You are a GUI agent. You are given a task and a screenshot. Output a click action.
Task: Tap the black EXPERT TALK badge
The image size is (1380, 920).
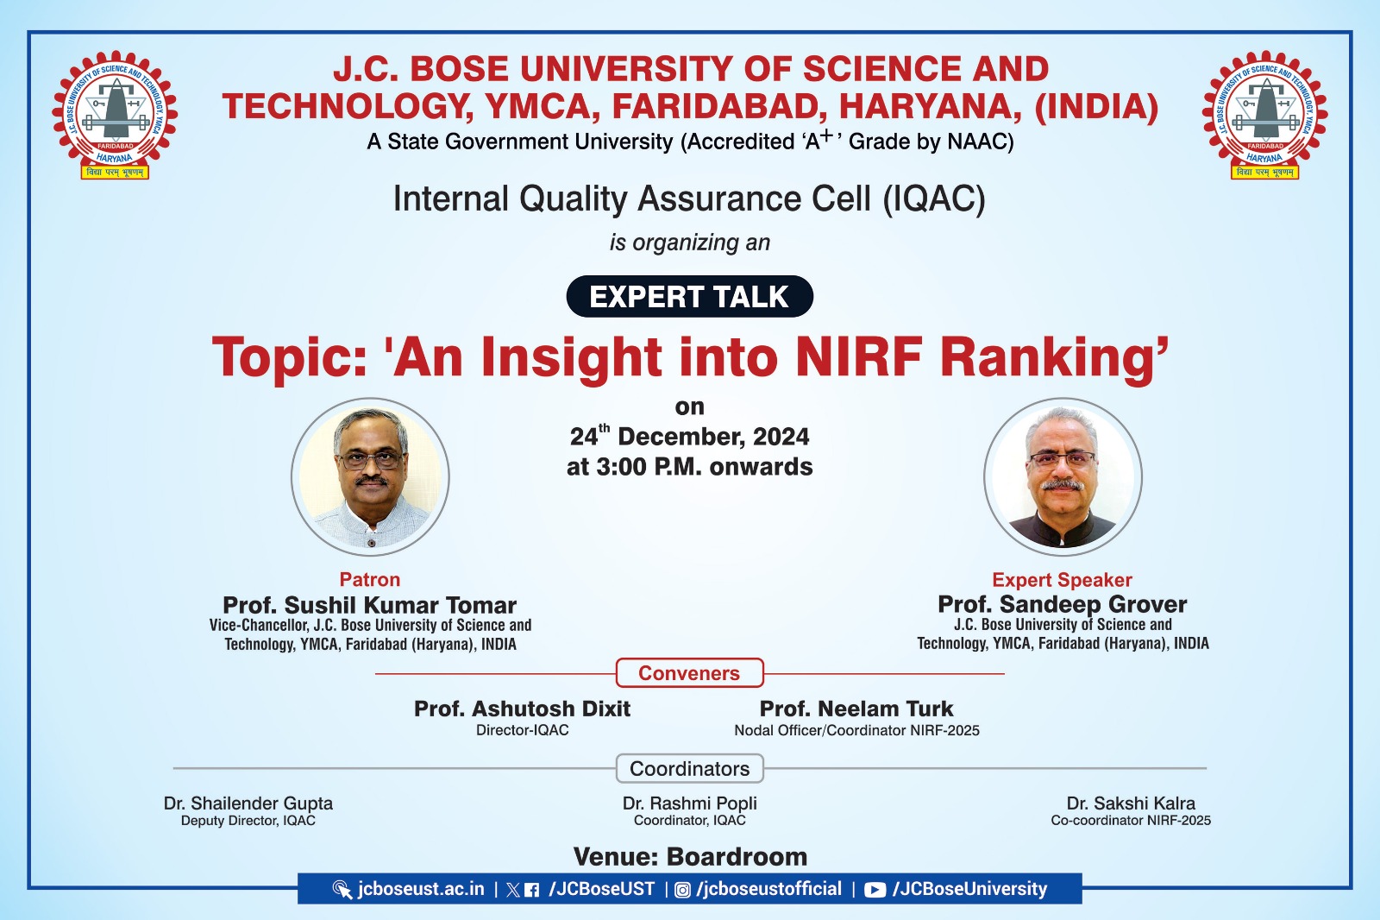tap(689, 297)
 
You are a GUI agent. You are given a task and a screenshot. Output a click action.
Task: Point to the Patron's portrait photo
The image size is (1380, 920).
tap(370, 476)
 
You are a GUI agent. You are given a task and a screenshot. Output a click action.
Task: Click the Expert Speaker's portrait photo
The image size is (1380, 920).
tap(1063, 476)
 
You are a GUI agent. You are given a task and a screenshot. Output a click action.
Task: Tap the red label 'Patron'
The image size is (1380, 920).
tap(370, 579)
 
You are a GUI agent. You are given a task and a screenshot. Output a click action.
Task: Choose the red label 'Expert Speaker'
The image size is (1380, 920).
tap(1062, 580)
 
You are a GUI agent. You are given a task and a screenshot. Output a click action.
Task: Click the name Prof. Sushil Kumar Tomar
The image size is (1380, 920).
tap(370, 604)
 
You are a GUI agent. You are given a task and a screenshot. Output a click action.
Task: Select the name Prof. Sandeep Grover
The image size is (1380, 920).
tap(1062, 603)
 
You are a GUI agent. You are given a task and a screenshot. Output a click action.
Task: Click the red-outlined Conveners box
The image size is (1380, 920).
tap(689, 672)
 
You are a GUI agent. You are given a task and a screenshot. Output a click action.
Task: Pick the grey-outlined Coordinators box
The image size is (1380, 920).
tap(689, 768)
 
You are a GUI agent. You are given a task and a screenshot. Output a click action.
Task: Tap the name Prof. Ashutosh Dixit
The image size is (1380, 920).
tap(522, 709)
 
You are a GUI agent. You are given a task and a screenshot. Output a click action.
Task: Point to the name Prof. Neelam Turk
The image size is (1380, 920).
tap(856, 709)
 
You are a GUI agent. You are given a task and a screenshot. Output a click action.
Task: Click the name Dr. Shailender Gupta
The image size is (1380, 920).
tap(248, 803)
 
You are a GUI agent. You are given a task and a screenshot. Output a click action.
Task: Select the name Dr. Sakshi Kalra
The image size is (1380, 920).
tap(1131, 803)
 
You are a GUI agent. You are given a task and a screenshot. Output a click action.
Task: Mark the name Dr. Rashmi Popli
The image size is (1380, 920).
tap(689, 803)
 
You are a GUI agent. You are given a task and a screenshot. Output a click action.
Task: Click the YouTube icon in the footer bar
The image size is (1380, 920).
tap(875, 890)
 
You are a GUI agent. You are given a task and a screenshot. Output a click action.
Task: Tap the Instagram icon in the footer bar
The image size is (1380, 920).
tap(682, 890)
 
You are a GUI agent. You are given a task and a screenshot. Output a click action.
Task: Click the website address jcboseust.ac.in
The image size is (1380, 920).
tap(421, 889)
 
